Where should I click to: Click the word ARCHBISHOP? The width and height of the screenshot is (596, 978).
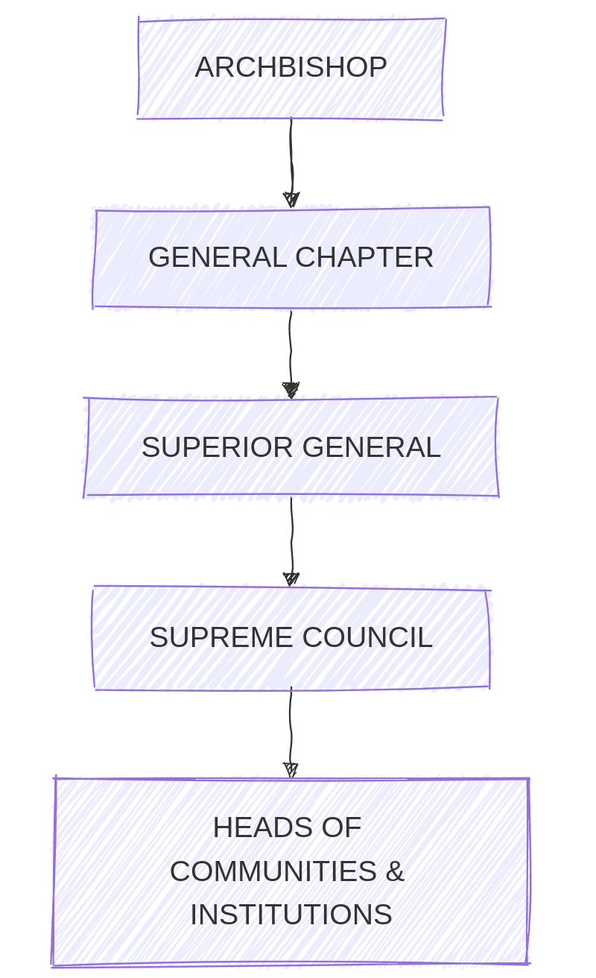(x=291, y=68)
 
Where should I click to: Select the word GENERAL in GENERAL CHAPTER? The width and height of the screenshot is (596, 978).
(x=218, y=258)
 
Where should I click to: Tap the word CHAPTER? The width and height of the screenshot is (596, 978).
(x=364, y=258)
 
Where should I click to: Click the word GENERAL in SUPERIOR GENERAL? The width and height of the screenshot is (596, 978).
(x=371, y=448)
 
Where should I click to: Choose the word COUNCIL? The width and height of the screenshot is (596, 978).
(x=367, y=638)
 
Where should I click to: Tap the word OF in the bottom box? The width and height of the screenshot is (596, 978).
(x=343, y=828)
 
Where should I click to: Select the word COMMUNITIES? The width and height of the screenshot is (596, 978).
(x=273, y=871)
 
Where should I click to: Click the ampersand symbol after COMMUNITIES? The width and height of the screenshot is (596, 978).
(x=395, y=871)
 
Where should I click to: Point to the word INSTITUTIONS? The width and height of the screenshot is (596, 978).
(x=291, y=915)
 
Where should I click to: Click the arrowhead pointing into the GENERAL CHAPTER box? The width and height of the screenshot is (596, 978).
(x=291, y=200)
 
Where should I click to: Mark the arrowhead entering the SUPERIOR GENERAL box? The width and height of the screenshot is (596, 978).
(x=291, y=390)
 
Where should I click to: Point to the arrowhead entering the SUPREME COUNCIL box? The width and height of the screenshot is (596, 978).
(x=291, y=579)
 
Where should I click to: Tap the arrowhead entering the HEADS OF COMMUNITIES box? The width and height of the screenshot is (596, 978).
(x=291, y=770)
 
